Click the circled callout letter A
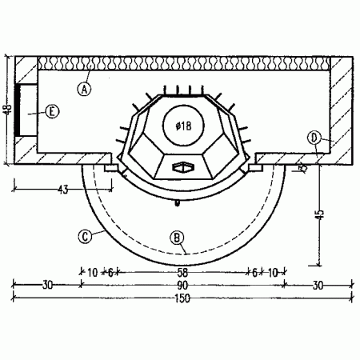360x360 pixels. click(85, 88)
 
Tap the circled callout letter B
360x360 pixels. click(178, 236)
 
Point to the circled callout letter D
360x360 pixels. click(315, 137)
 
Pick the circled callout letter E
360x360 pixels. click(52, 112)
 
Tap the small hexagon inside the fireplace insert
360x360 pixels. click(182, 166)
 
